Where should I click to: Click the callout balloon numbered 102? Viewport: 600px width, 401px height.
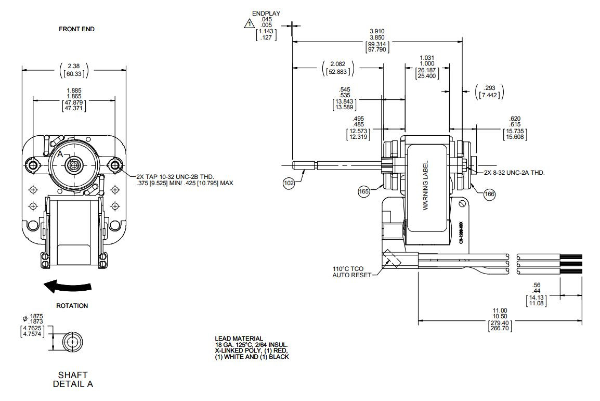click(x=289, y=183)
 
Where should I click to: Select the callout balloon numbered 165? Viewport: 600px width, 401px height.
click(x=364, y=192)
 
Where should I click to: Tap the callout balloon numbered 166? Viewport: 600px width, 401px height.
click(x=489, y=194)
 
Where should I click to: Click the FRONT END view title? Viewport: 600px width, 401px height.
click(x=77, y=29)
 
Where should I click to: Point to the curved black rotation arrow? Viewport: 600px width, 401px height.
click(x=68, y=286)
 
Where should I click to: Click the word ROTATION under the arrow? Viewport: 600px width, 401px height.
click(x=72, y=306)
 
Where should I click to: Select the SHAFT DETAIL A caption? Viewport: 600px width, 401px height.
click(x=73, y=379)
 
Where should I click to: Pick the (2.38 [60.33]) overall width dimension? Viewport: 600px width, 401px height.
click(x=74, y=70)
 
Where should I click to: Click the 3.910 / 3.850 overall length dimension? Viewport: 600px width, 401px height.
click(x=377, y=40)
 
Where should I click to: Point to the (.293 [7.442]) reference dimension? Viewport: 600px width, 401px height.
click(x=489, y=92)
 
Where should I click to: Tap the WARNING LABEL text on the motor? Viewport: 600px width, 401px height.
click(x=425, y=185)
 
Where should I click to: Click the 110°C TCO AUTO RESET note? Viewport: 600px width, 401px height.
click(x=352, y=272)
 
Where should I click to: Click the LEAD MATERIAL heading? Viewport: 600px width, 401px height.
click(x=239, y=339)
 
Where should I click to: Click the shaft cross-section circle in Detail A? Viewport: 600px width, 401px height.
click(x=72, y=342)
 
